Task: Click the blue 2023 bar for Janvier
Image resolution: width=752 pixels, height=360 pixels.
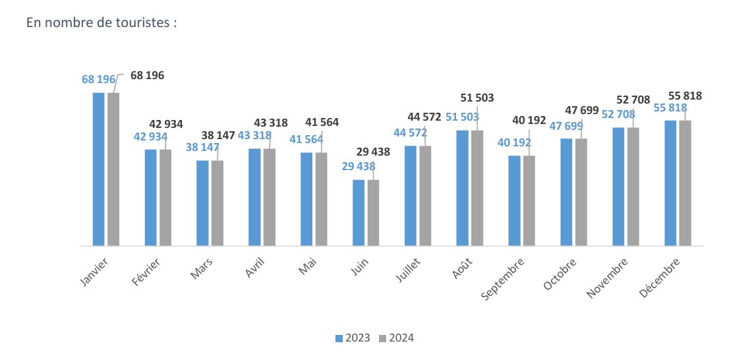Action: (99, 169)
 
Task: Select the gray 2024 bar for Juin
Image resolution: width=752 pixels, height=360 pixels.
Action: (374, 212)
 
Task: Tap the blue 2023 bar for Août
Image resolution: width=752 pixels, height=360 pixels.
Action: (463, 188)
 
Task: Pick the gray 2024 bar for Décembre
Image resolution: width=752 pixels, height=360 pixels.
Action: (685, 183)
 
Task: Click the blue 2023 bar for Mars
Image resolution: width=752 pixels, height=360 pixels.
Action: (203, 203)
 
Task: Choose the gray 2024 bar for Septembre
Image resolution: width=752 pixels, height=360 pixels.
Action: (529, 200)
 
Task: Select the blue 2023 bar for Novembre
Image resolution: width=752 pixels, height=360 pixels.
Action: (619, 187)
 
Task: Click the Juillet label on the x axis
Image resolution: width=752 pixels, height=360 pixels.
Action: (409, 271)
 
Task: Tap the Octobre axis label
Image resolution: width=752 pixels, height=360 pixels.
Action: (562, 273)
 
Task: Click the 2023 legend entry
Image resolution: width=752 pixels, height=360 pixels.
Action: (352, 338)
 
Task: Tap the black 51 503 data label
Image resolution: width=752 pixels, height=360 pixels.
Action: (477, 98)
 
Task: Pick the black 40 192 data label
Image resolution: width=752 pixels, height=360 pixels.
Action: (529, 120)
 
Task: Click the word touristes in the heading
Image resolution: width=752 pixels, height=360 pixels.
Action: (144, 22)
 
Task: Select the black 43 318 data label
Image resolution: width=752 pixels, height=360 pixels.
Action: (271, 123)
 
